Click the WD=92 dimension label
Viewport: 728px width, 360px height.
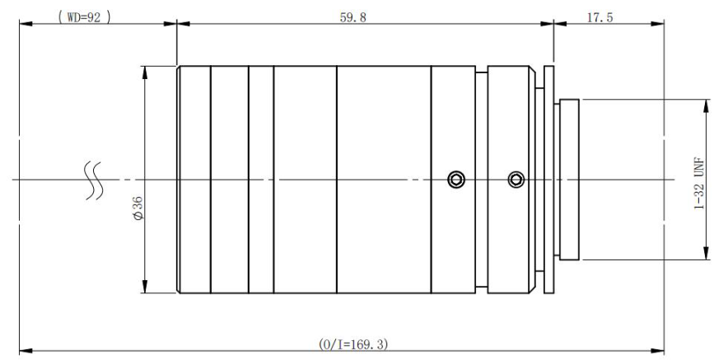(x=84, y=17)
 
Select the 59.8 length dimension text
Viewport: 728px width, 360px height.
(x=352, y=17)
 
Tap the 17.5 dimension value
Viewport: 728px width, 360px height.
(x=600, y=17)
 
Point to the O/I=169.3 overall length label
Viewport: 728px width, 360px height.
(x=352, y=344)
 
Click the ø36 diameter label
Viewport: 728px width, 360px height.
(x=138, y=208)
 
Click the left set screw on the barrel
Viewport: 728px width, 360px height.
(x=456, y=180)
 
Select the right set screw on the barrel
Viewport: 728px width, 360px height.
(x=516, y=180)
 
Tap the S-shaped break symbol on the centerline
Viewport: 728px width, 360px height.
(x=93, y=180)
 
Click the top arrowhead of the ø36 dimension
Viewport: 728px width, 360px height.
(x=144, y=72)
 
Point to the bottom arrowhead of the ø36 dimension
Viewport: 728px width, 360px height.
(x=144, y=287)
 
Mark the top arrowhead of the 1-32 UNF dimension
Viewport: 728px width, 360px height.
(x=707, y=106)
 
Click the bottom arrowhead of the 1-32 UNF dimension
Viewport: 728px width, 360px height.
(x=707, y=253)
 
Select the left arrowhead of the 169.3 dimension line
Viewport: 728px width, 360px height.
(x=26, y=351)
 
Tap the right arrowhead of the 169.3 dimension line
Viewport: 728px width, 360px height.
(x=657, y=351)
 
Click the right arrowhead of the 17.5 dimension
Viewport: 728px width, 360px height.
(x=657, y=23)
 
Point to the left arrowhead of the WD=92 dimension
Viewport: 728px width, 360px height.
(x=26, y=23)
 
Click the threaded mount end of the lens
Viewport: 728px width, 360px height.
(x=569, y=180)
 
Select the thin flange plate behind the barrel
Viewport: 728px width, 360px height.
(x=548, y=180)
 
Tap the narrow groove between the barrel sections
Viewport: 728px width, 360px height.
(x=482, y=180)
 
